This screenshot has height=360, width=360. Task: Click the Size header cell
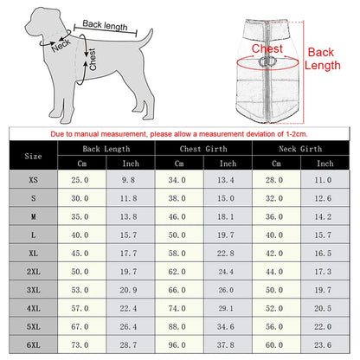(34, 157)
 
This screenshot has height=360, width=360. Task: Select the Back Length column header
(106, 149)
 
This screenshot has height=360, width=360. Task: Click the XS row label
(34, 179)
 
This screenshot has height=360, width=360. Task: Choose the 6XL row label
(34, 344)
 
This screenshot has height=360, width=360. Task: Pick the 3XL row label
(34, 290)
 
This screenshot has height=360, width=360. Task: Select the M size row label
(34, 216)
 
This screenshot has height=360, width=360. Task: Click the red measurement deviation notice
(179, 135)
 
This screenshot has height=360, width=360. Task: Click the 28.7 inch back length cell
(130, 344)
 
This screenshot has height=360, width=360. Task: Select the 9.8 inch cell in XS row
(130, 179)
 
